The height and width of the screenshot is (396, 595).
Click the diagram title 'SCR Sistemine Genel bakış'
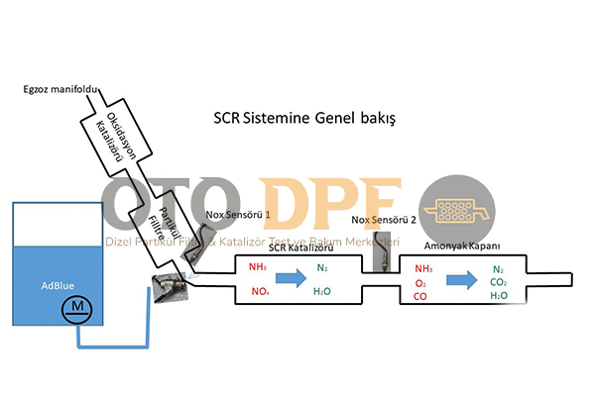pos(305,120)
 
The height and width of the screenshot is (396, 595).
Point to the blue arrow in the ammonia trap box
pos(456,281)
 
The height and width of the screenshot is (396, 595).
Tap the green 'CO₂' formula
pos(499,281)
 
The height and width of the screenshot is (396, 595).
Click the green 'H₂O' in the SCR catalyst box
pos(321,292)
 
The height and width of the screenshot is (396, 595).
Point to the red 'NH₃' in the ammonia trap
pos(425,268)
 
